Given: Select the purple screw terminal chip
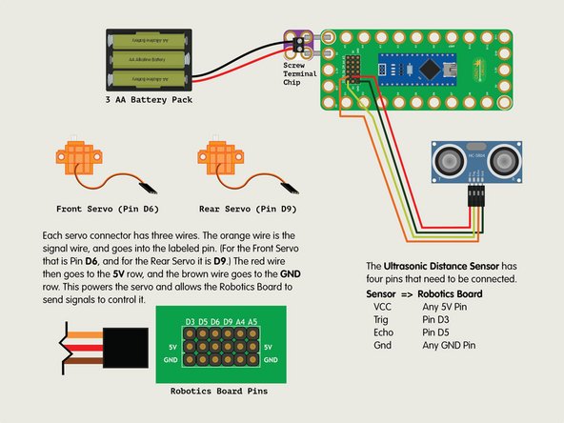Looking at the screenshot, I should (x=297, y=43).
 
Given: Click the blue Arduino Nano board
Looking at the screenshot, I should (x=412, y=67).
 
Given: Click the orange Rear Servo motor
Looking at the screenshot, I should (x=217, y=159).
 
